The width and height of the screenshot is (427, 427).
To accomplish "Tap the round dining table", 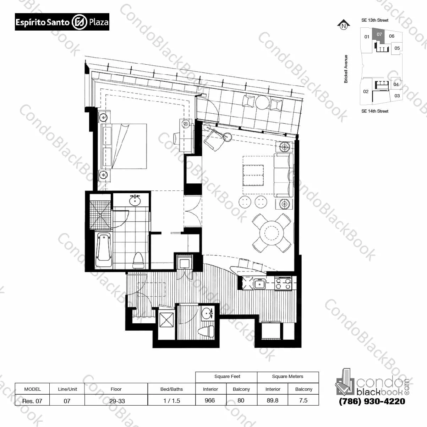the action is click(x=272, y=233).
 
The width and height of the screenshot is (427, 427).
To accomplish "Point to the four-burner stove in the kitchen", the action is click(x=283, y=284).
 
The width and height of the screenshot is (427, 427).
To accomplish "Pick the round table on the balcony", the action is click(x=262, y=102).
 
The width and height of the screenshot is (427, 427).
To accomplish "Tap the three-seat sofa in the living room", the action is click(x=284, y=175).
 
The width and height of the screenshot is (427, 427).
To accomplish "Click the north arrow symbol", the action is click(x=344, y=25).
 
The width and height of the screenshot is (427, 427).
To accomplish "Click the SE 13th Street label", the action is click(x=375, y=20).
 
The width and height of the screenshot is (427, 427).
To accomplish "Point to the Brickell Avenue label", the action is click(x=346, y=69).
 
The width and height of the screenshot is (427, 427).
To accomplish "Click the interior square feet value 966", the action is click(x=210, y=400).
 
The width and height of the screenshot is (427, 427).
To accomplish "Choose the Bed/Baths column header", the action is click(x=171, y=389).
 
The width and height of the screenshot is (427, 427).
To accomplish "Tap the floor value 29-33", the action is click(x=117, y=401).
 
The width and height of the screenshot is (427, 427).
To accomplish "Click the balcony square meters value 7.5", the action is click(x=303, y=400).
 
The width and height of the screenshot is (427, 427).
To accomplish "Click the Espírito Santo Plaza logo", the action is click(x=62, y=22).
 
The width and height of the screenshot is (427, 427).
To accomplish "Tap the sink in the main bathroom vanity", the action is click(x=135, y=201).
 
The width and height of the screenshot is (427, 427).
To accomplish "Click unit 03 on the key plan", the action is click(x=397, y=96).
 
